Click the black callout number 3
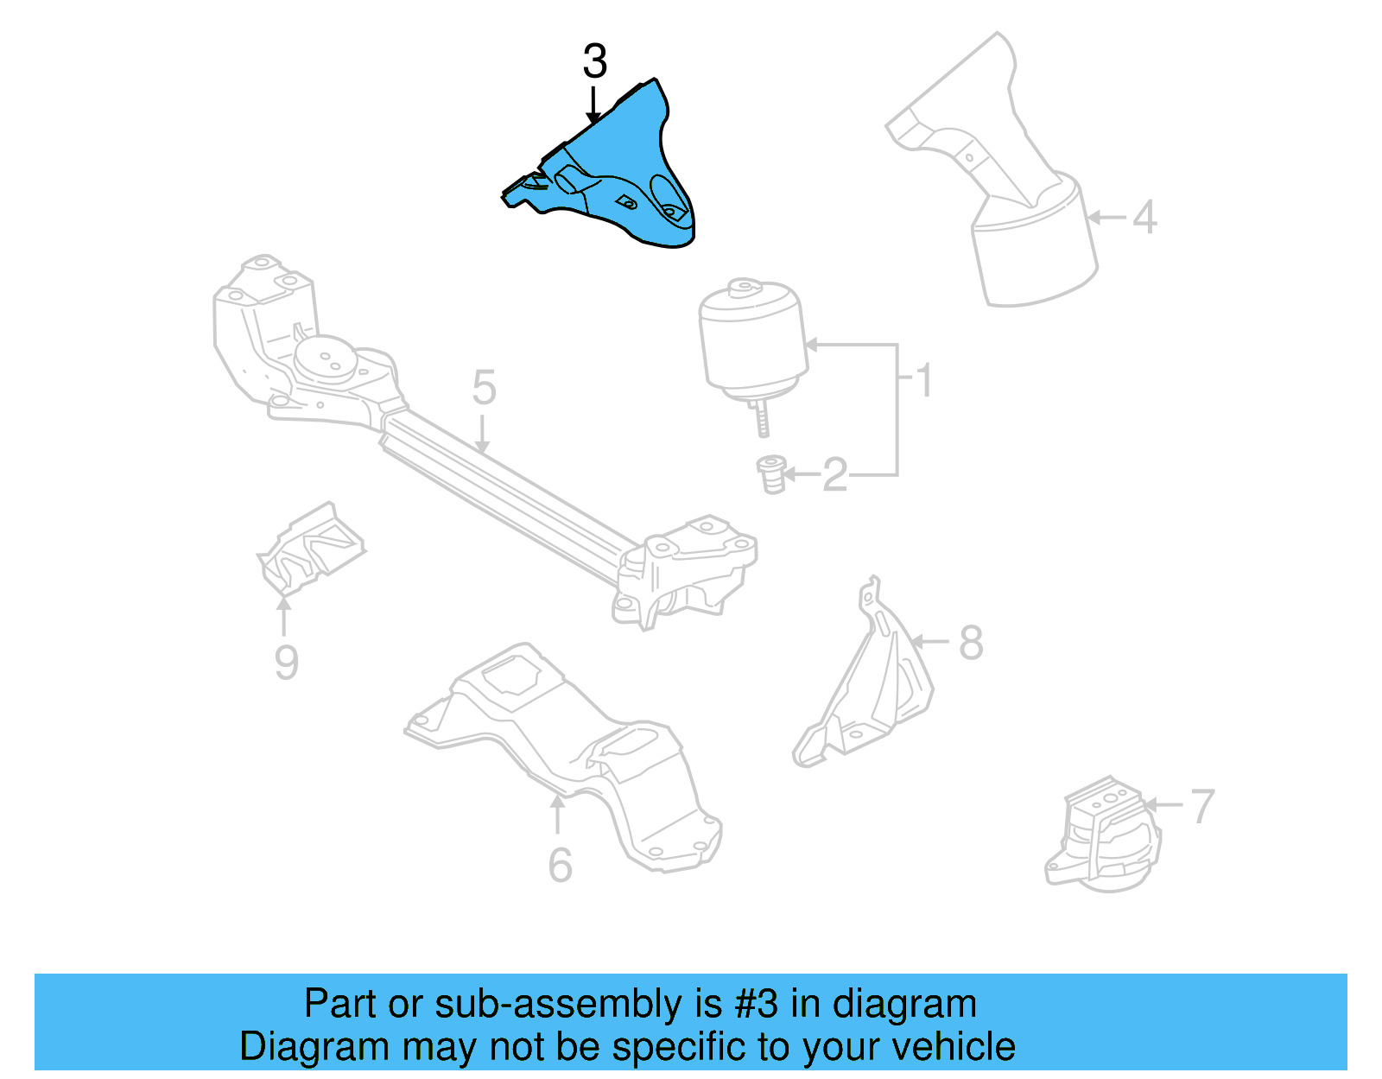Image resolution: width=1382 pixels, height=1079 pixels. coord(594,61)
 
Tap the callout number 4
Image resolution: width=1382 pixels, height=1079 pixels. coord(1144,217)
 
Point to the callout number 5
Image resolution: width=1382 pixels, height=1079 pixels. coord(484,388)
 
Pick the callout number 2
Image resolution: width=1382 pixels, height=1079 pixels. coord(835,474)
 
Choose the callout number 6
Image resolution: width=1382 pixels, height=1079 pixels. coord(560,865)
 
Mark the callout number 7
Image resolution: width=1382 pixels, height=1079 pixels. coord(1202,806)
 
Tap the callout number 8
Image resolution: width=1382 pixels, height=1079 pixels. coord(971,643)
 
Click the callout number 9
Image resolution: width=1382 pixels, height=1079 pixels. coord(286,663)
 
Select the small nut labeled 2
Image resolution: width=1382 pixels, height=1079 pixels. coord(771,474)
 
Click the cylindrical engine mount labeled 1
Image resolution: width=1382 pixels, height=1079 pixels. coord(752,341)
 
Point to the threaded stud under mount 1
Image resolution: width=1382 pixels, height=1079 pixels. coord(762,419)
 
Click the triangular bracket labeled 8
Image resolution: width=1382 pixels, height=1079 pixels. coord(872,682)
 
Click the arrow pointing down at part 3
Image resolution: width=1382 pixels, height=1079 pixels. coord(593,104)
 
